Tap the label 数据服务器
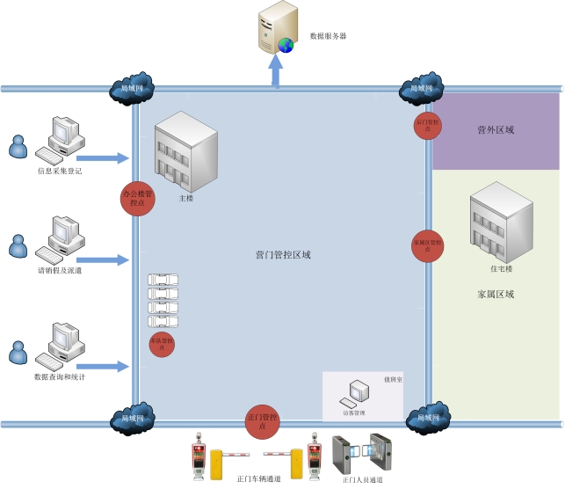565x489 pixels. click(x=329, y=37)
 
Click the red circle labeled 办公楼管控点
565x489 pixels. click(x=136, y=197)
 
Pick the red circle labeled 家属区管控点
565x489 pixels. click(x=427, y=244)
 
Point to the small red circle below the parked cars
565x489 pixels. click(x=162, y=343)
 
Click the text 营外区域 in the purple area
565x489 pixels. click(x=496, y=130)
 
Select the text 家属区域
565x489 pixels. click(x=496, y=295)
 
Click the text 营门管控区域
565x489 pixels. click(x=283, y=255)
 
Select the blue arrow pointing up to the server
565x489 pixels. click(x=277, y=71)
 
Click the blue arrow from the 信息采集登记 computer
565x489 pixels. click(x=108, y=158)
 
